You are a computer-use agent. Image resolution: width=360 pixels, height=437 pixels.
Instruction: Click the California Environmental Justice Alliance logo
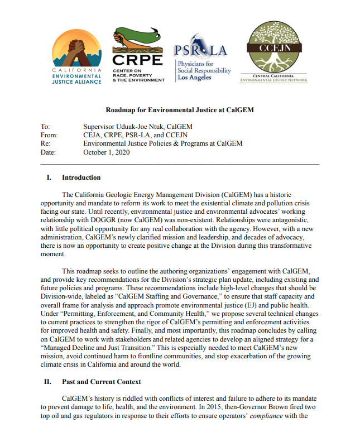pyautogui.click(x=77, y=56)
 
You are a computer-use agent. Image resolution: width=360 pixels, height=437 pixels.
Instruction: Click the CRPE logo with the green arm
pyautogui.click(x=138, y=55)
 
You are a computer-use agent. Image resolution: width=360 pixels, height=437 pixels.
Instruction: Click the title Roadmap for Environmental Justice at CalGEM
pyautogui.click(x=180, y=110)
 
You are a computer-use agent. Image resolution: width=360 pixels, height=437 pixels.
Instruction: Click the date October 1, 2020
pyautogui.click(x=107, y=152)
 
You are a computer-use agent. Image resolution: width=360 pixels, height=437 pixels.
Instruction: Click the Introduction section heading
pyautogui.click(x=81, y=177)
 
